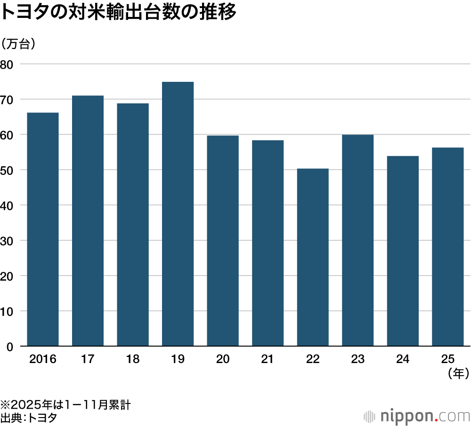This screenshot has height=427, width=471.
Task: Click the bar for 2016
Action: point(43,229)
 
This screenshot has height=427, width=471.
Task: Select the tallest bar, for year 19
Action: point(178,214)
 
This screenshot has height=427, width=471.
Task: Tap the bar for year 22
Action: point(313,257)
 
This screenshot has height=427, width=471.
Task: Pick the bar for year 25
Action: point(447,247)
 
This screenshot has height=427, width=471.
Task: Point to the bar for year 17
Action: point(88,221)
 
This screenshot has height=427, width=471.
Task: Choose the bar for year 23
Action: point(357,240)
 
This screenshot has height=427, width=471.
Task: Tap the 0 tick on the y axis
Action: point(9,347)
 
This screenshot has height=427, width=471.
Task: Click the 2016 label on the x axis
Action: point(42,360)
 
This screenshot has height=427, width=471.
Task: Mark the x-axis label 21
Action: point(268,360)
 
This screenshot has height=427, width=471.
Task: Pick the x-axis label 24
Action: point(403,360)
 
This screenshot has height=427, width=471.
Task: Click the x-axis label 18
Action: point(133,360)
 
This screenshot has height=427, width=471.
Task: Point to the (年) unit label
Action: point(456,374)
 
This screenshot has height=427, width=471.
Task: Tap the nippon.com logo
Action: point(417,416)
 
